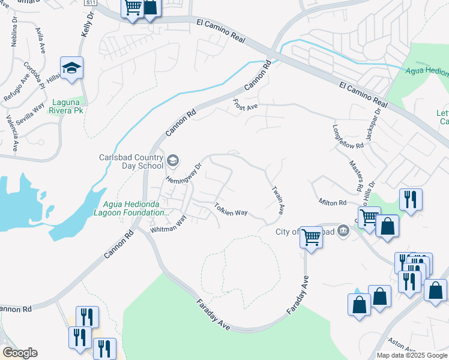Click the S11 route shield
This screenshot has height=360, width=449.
pyautogui.click(x=91, y=2)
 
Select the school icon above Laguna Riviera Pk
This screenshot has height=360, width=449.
pyautogui.click(x=71, y=70)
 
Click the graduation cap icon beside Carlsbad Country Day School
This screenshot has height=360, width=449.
pyautogui.click(x=173, y=160)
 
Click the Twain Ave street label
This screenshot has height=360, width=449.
pyautogui.click(x=278, y=200)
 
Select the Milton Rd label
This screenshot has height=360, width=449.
pyautogui.click(x=333, y=203)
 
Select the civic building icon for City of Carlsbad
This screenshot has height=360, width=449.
pyautogui.click(x=343, y=230)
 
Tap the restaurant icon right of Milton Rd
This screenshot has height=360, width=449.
pyautogui.click(x=411, y=199)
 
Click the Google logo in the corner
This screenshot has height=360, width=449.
pyautogui.click(x=20, y=353)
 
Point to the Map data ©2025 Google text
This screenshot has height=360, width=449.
pyautogui.click(x=411, y=355)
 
